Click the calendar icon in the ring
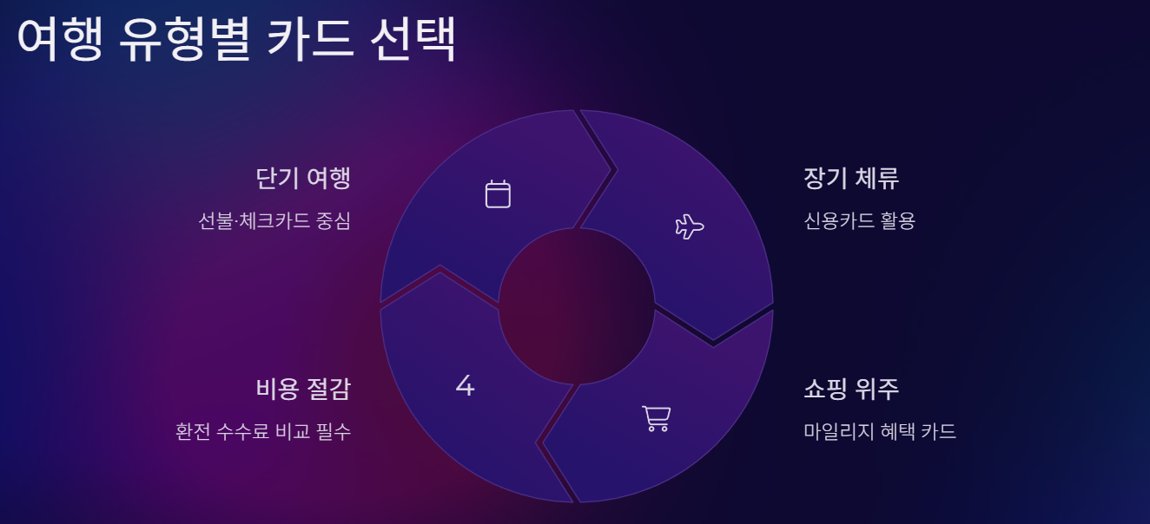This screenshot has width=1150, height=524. click(x=498, y=193)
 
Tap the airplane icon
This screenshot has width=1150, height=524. click(x=689, y=226)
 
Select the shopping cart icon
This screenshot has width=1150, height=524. click(x=656, y=418)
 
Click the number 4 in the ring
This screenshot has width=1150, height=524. click(x=466, y=386)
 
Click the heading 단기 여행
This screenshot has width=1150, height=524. click(x=303, y=178)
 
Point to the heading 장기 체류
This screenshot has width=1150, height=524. click(x=851, y=178)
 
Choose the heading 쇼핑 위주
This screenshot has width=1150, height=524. click(x=851, y=389)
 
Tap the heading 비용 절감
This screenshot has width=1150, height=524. click(x=303, y=389)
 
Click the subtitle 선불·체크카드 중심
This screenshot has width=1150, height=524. click(x=274, y=221)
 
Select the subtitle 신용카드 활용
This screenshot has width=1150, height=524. click(x=860, y=221)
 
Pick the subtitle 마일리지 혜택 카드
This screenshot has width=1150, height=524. click(x=880, y=431)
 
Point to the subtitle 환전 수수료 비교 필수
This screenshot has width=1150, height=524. click(x=263, y=431)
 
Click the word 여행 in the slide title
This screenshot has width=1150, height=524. click(x=59, y=40)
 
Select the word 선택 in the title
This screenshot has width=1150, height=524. click(x=413, y=40)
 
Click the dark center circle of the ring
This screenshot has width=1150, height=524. click(x=576, y=306)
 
